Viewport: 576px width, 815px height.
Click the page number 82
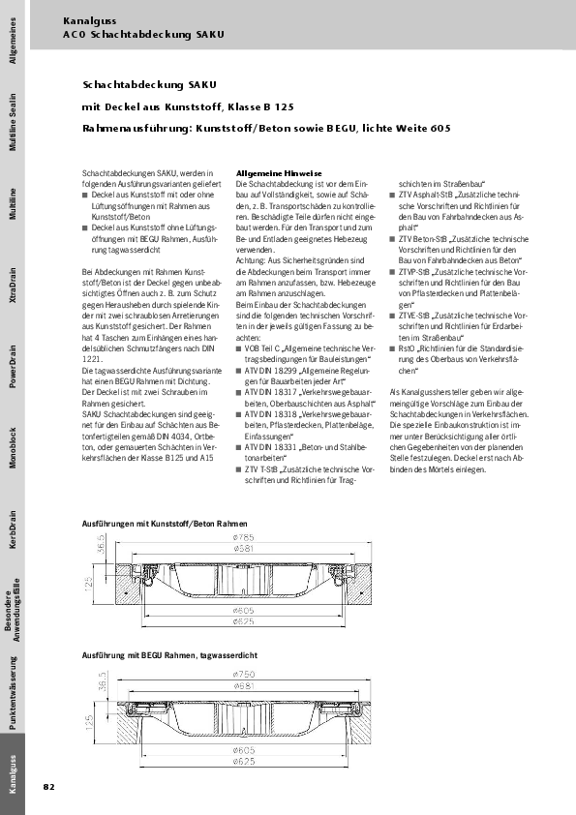pyautogui.click(x=48, y=786)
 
